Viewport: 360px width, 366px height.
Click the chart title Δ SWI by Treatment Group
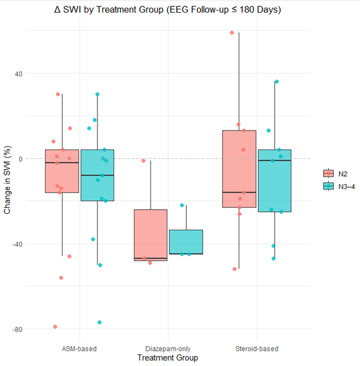click(180, 10)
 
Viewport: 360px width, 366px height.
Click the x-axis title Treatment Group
click(168, 358)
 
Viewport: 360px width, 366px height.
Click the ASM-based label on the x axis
click(79, 349)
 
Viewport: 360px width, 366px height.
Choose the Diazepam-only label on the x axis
click(168, 349)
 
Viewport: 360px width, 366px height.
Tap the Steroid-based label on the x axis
click(257, 349)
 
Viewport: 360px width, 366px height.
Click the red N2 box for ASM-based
click(62, 173)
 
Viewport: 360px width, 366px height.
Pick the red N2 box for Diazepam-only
click(151, 234)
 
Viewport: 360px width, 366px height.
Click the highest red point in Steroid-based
click(232, 33)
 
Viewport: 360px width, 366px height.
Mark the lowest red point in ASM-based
click(55, 327)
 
